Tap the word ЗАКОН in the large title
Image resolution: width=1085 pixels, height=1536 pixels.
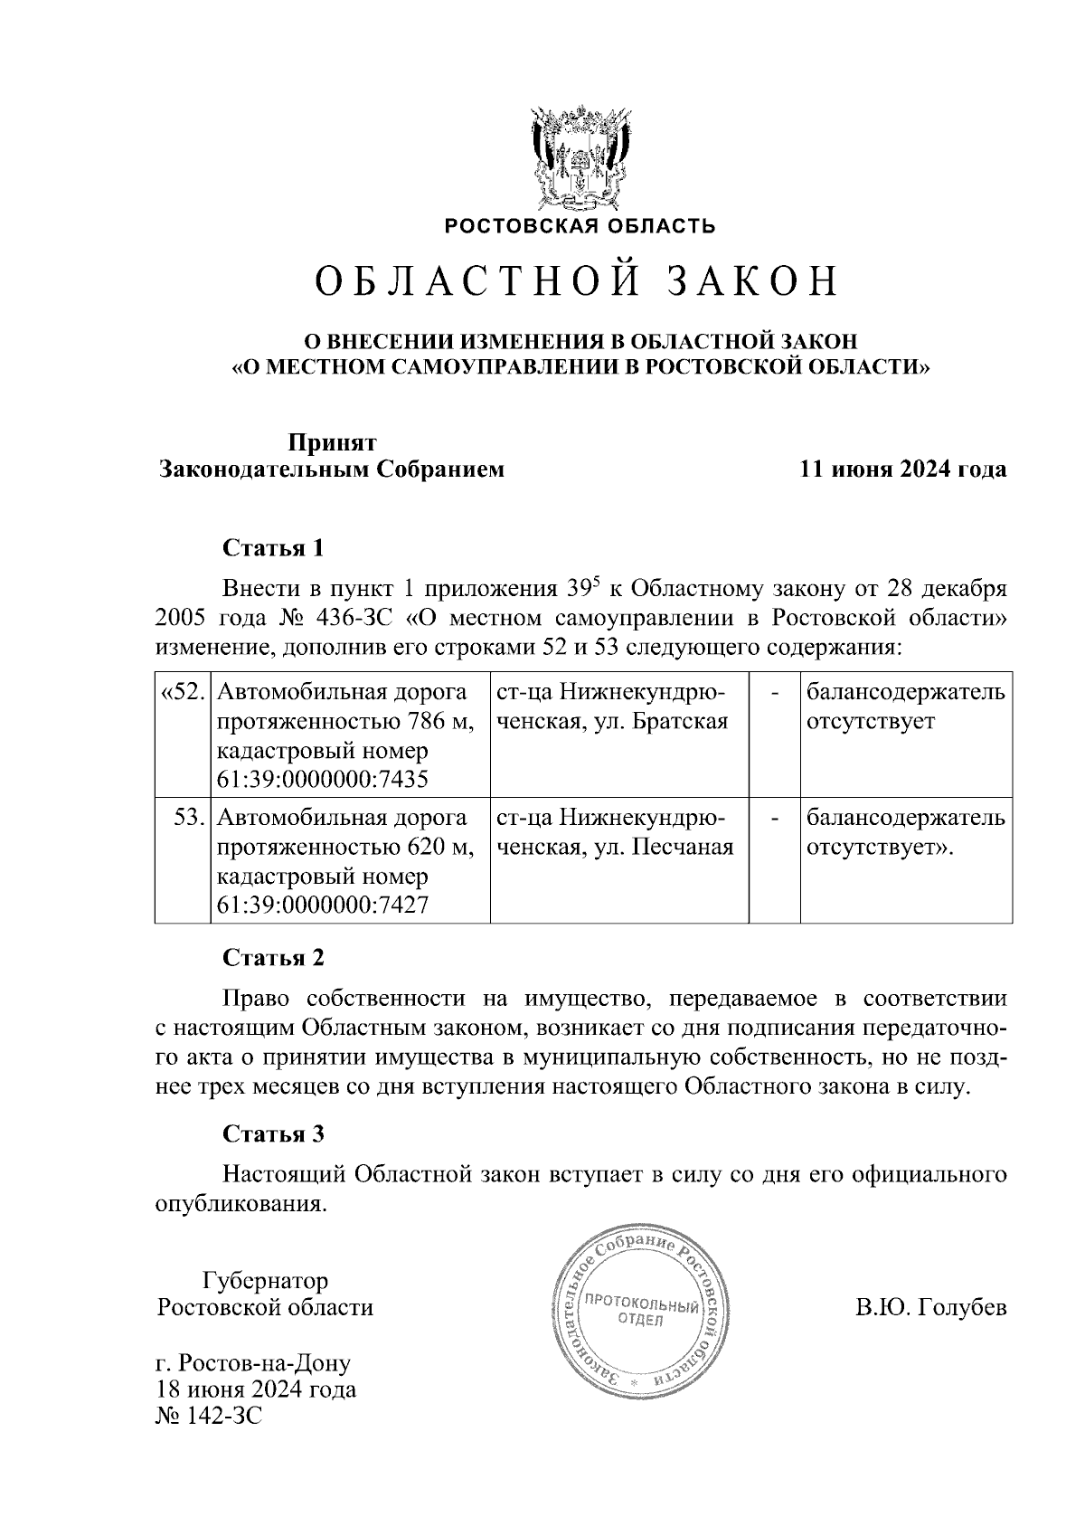tap(753, 281)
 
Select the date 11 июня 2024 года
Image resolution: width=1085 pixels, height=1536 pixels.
tap(902, 470)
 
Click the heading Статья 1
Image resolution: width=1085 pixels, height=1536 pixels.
tap(272, 549)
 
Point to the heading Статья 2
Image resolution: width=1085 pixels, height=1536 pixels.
tap(272, 957)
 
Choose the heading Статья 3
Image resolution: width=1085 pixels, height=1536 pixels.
tap(272, 1134)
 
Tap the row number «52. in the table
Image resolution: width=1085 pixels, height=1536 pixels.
tap(184, 693)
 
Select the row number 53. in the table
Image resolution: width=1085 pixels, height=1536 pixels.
tap(191, 818)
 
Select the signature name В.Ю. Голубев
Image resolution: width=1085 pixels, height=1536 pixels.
tap(930, 1308)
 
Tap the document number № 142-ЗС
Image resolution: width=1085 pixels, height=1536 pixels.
tap(209, 1415)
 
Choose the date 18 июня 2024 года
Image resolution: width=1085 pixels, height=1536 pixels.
tap(256, 1389)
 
